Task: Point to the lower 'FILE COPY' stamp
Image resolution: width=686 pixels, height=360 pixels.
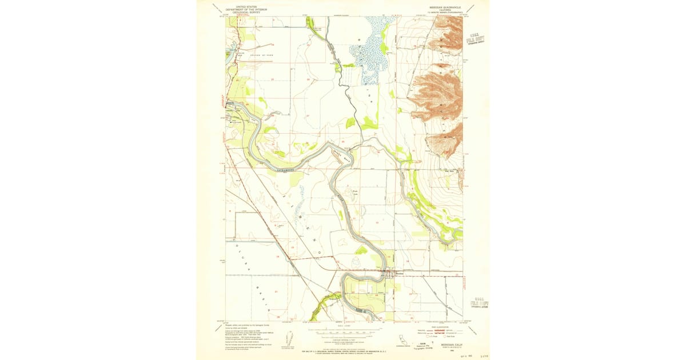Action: click(x=478, y=301)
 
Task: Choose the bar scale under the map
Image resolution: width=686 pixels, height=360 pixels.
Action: click(x=342, y=331)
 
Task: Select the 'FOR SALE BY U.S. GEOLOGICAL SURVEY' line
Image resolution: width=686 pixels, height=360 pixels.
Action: click(x=342, y=348)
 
